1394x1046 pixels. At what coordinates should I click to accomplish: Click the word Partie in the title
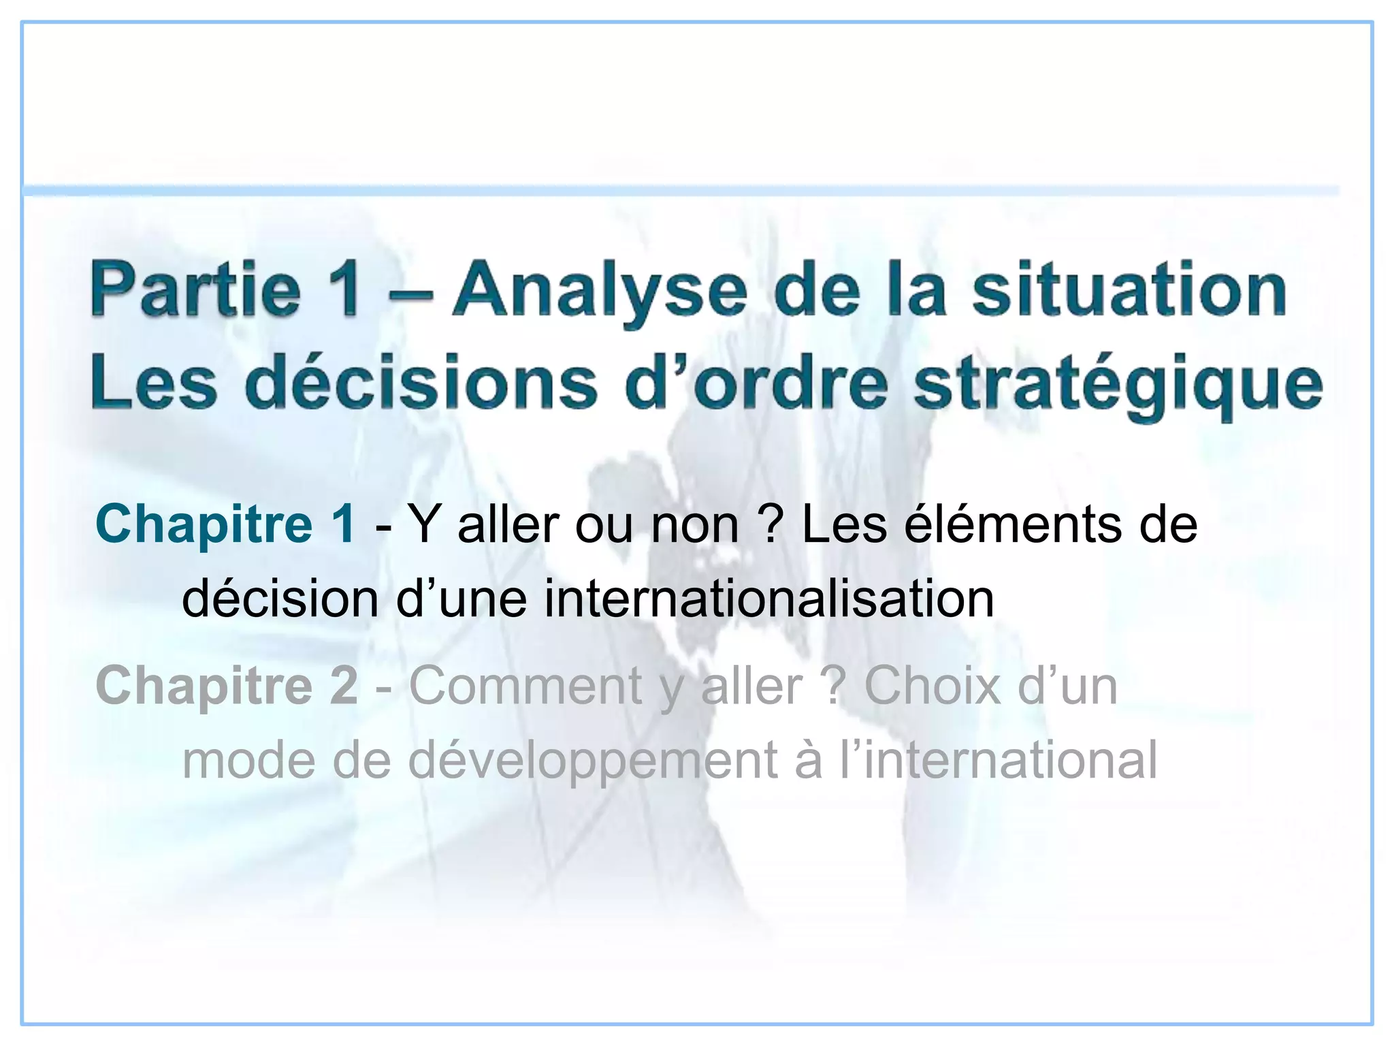[196, 291]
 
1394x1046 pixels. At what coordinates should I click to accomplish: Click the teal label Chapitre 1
[225, 524]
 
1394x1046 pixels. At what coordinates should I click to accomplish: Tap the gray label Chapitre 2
[227, 685]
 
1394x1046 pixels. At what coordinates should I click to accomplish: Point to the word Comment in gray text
[525, 685]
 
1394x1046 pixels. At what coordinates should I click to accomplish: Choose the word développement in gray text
[592, 761]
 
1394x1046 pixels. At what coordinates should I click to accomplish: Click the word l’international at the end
[998, 760]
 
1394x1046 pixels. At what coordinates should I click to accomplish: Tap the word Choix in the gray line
[933, 685]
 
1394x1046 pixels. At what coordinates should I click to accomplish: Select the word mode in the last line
[248, 761]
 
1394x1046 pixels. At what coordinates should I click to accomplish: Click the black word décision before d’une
[280, 599]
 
